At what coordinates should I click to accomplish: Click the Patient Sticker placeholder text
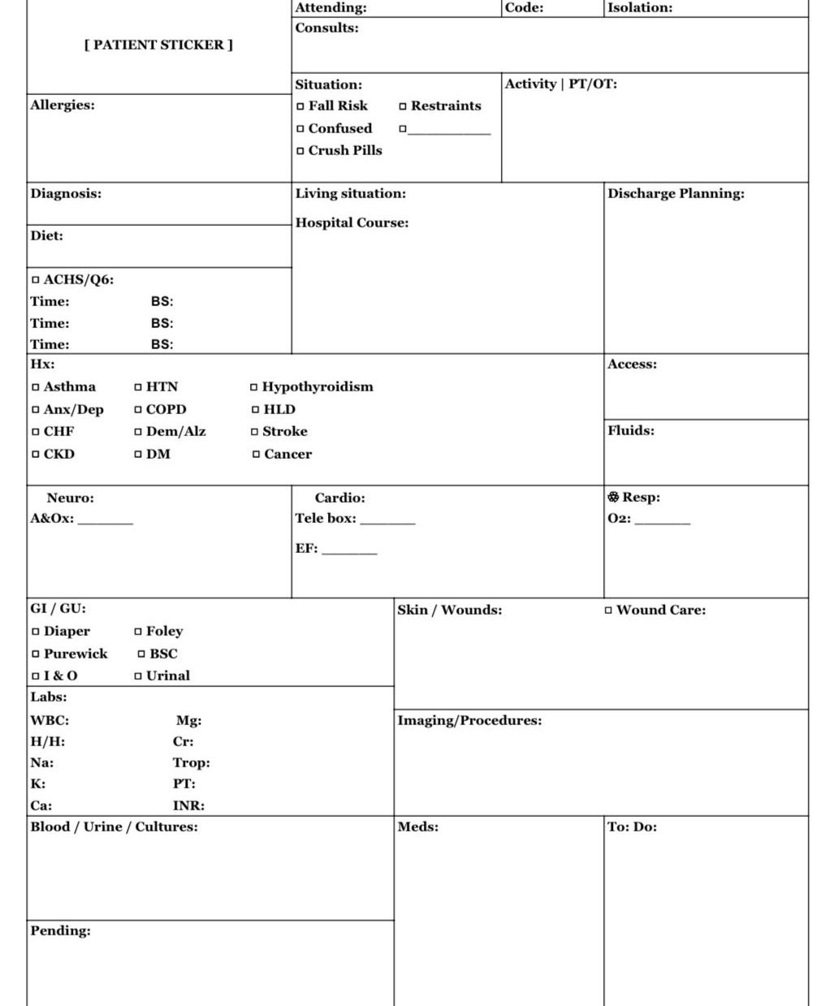click(158, 45)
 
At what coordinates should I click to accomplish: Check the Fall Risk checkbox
click(301, 106)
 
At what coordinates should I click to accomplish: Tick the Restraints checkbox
click(403, 106)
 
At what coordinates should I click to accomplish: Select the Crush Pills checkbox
click(301, 151)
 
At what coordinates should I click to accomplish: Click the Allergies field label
click(63, 105)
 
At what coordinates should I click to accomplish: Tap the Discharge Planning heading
click(676, 193)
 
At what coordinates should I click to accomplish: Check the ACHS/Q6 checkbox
click(36, 280)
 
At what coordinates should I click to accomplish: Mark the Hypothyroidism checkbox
click(254, 387)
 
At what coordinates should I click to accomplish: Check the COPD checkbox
click(139, 410)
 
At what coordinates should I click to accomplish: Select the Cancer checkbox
click(257, 455)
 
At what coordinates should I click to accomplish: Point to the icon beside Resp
click(613, 497)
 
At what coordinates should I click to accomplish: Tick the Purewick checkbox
click(36, 654)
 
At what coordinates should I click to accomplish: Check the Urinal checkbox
click(138, 676)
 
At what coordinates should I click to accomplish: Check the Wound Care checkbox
click(609, 611)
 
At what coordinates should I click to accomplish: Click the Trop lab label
click(191, 762)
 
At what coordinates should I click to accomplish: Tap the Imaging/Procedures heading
click(469, 720)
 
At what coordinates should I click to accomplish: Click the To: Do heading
click(632, 827)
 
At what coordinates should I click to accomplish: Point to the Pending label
click(60, 930)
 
